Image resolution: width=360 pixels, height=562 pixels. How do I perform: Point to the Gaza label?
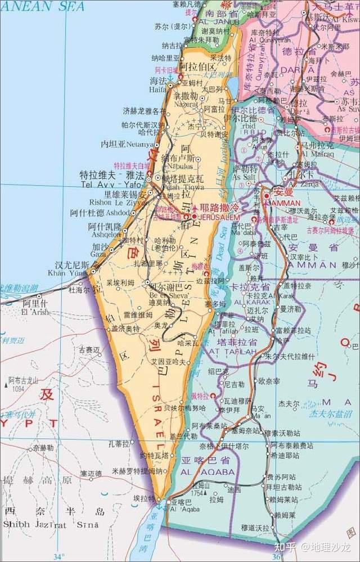tap(99, 254)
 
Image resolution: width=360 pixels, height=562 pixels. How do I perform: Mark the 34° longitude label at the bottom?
tap(58, 556)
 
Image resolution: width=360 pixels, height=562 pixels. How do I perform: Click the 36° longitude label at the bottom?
tap(275, 556)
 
